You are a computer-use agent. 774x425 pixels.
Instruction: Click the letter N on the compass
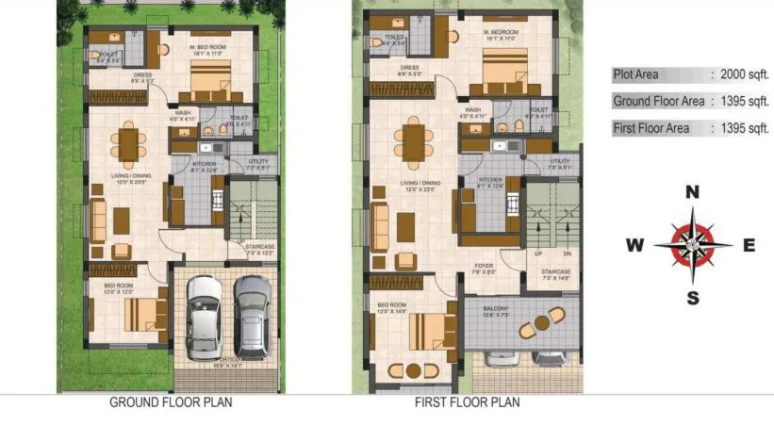[692, 192]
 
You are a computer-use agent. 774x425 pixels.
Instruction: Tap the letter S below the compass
[692, 299]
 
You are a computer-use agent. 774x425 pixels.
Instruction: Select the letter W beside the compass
[635, 246]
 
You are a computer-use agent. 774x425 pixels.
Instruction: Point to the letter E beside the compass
[749, 246]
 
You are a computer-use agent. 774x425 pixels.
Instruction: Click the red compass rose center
[692, 246]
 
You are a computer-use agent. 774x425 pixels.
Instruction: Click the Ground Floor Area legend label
[659, 101]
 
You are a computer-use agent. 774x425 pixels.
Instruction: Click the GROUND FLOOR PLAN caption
[171, 402]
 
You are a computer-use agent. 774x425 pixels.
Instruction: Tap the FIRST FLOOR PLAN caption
[467, 402]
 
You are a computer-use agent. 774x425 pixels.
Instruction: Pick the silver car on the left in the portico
[205, 314]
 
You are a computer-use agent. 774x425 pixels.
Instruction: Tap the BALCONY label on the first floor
[497, 310]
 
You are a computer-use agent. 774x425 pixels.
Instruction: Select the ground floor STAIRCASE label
[258, 248]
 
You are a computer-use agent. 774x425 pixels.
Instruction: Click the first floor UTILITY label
[559, 161]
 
